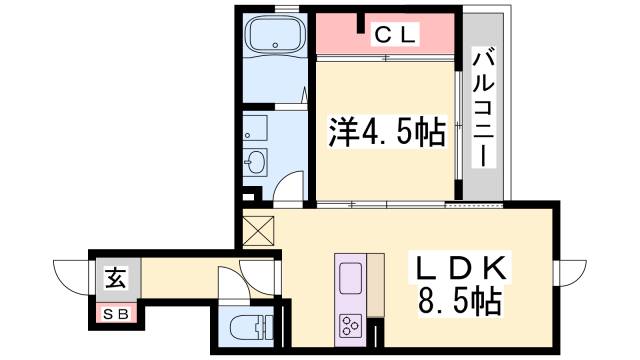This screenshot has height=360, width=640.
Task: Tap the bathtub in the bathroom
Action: pos(273,39)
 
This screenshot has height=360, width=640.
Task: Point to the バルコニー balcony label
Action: pos(482,109)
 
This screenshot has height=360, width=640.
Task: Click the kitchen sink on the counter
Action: pos(352,275)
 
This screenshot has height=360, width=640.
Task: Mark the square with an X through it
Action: pos(257,232)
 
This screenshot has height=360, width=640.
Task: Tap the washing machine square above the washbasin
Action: pos(255,127)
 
